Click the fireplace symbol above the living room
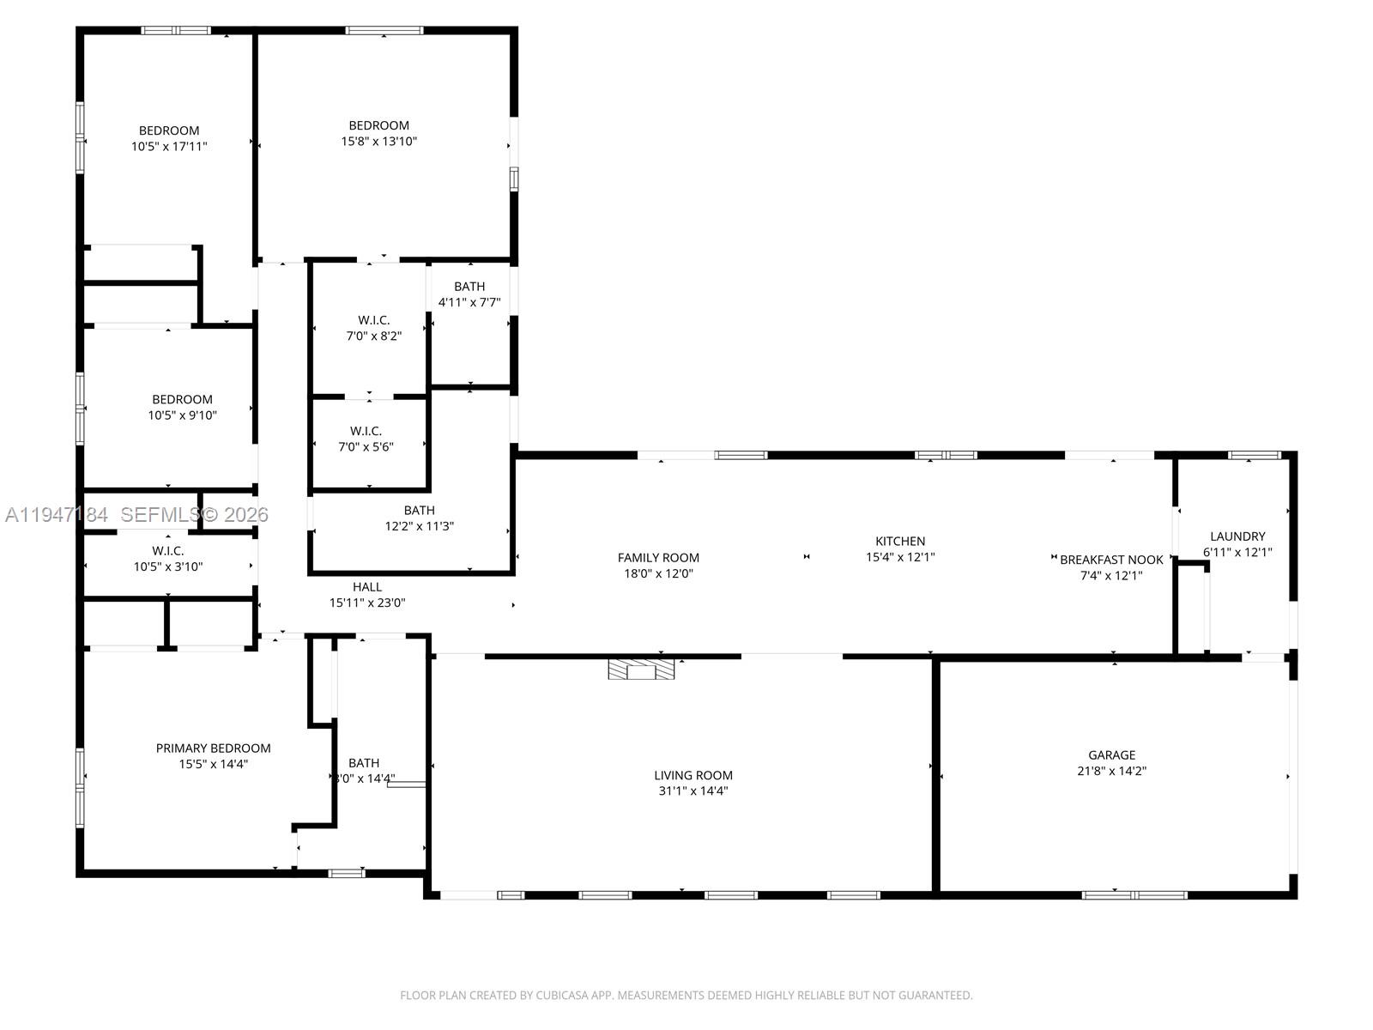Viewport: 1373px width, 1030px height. [x=641, y=669]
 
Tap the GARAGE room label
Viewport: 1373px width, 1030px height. [x=1111, y=755]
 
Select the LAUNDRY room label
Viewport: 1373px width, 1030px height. [x=1237, y=536]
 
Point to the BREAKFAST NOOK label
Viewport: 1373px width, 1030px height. [x=1111, y=560]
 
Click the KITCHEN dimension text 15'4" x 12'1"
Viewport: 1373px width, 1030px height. [x=900, y=557]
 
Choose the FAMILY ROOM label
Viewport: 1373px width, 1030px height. [x=658, y=558]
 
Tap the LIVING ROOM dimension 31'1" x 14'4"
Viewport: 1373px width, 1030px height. [x=693, y=791]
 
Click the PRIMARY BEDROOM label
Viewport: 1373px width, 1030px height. [x=213, y=748]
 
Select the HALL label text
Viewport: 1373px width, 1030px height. [x=367, y=587]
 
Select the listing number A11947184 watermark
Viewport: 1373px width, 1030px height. [x=57, y=515]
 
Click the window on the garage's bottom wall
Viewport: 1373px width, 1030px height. [x=1134, y=895]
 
